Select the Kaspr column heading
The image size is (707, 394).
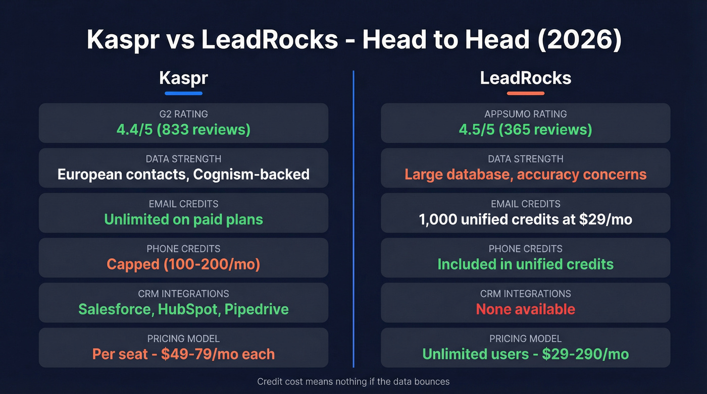click(x=183, y=78)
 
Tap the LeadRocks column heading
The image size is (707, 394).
click(x=525, y=78)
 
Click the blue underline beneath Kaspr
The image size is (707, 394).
click(x=183, y=93)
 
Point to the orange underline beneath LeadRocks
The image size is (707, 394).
click(x=525, y=93)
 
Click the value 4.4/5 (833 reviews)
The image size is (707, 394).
click(x=183, y=130)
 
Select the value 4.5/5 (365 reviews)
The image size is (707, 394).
click(x=525, y=130)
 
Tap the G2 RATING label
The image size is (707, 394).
click(x=183, y=114)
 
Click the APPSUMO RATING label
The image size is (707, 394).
click(x=525, y=114)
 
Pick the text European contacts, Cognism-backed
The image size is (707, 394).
click(x=183, y=175)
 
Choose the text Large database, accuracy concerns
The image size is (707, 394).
click(x=525, y=175)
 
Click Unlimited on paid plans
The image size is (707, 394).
click(x=183, y=219)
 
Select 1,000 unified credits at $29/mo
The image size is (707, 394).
click(x=525, y=219)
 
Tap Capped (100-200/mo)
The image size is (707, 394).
click(x=183, y=264)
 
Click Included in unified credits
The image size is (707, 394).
click(x=525, y=264)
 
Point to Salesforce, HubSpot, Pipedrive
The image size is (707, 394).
click(x=183, y=309)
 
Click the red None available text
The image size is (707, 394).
click(x=525, y=309)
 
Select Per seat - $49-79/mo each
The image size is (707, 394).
click(x=183, y=354)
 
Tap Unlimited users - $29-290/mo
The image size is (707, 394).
click(x=525, y=354)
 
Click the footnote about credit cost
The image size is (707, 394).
click(x=353, y=381)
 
